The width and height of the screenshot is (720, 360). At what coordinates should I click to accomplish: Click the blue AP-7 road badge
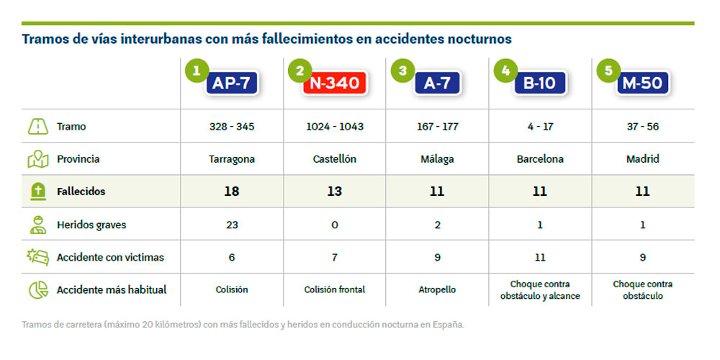click(230, 84)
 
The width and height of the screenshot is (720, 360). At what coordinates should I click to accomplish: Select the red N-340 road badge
click(335, 84)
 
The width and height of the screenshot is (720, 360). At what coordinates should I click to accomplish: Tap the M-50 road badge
click(642, 84)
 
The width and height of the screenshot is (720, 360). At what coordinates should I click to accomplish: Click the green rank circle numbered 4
click(506, 70)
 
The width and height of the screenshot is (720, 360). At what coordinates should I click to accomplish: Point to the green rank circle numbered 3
click(402, 70)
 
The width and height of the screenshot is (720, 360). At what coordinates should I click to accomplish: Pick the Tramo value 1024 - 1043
click(335, 127)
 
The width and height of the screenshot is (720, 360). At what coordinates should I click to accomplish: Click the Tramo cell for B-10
click(539, 127)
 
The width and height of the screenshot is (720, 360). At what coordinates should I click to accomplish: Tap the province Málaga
click(437, 159)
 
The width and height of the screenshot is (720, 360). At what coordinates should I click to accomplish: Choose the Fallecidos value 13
click(335, 192)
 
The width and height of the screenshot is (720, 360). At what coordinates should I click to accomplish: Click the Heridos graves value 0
click(335, 225)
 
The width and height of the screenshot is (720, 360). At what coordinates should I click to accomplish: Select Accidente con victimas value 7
click(335, 257)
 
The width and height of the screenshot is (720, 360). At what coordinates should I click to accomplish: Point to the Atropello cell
click(437, 289)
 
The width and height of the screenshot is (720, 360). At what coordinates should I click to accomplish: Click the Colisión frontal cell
click(335, 289)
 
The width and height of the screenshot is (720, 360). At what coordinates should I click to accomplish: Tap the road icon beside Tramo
click(37, 127)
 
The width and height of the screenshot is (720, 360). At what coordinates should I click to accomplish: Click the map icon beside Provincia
click(37, 159)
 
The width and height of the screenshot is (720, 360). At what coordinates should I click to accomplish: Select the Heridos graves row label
click(91, 225)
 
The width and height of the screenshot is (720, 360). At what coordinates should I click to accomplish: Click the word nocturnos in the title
click(476, 38)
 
